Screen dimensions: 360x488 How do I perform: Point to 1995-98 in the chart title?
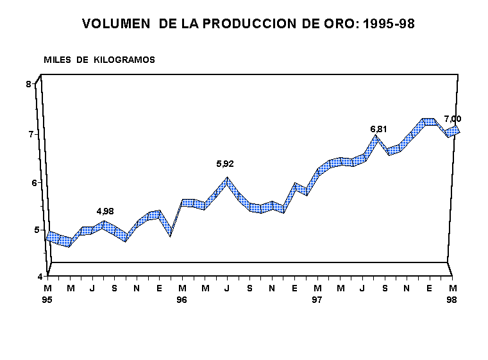point(388,24)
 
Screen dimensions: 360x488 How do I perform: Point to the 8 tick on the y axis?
point(28,84)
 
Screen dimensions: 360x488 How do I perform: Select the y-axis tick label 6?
point(28,182)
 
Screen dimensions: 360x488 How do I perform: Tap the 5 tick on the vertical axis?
point(28,230)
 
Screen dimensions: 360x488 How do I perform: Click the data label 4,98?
point(105,211)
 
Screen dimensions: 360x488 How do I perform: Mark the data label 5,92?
point(225,164)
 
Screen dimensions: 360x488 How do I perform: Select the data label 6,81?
point(379,129)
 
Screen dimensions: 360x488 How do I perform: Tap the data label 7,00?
point(453,119)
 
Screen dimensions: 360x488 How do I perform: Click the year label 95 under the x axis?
point(48,300)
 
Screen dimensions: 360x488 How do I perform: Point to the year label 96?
point(182,300)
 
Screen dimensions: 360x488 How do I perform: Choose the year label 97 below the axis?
point(317,300)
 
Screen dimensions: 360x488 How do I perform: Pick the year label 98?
point(452,300)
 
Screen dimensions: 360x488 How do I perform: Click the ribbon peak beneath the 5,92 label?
point(226,180)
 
